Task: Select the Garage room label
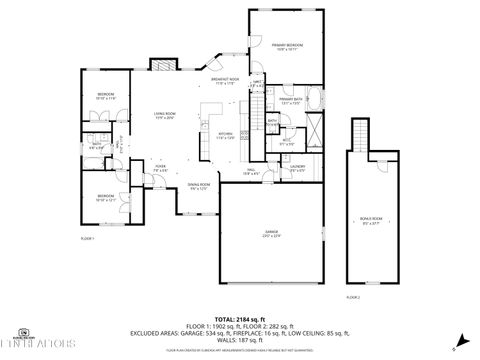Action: tap(270, 233)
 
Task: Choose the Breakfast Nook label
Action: tap(225, 81)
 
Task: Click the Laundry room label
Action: tap(297, 167)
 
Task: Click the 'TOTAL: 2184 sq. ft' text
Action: tap(240, 318)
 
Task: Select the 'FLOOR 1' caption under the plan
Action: tap(87, 240)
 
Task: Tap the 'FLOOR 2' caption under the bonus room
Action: tap(352, 297)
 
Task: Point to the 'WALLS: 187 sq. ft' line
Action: tap(240, 339)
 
